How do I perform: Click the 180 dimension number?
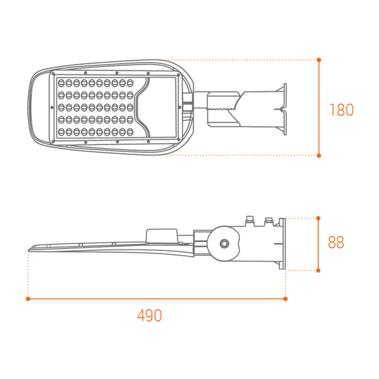click(341, 110)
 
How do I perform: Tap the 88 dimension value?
click(336, 243)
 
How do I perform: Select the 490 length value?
click(149, 315)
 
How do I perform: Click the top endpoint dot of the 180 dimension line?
click(319, 60)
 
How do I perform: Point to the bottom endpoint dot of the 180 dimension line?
click(319, 155)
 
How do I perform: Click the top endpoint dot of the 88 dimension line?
click(318, 218)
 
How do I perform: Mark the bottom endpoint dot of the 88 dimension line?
click(318, 270)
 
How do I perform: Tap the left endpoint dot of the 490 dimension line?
click(28, 299)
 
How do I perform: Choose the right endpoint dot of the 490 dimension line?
click(285, 299)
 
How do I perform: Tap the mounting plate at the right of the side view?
click(282, 243)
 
